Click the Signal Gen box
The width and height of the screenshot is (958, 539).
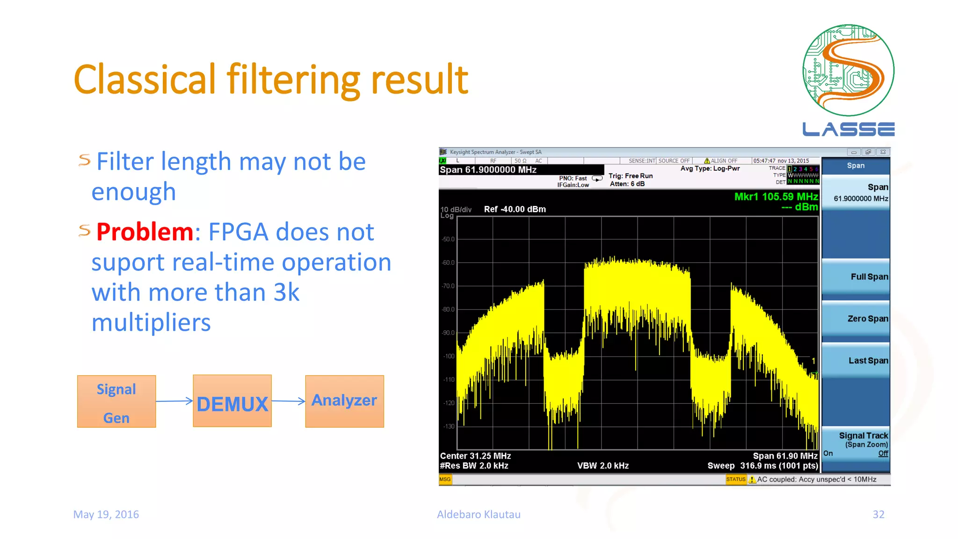point(116,401)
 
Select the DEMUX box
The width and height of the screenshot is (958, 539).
point(232,401)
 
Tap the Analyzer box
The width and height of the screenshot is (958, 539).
point(344,401)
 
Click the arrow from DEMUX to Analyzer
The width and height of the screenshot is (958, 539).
point(288,401)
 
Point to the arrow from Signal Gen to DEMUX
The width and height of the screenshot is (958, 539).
point(174,401)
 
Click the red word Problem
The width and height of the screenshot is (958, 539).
point(145,232)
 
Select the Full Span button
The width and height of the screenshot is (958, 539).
point(856,277)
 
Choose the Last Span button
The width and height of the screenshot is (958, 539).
point(856,361)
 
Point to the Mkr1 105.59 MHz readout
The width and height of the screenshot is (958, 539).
point(776,197)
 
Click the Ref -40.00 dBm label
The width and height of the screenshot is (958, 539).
point(515,209)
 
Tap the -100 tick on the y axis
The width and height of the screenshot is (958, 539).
point(449,357)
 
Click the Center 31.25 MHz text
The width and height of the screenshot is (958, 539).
point(475,456)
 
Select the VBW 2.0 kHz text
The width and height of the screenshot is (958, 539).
point(602,466)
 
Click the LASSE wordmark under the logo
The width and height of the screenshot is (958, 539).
point(848,129)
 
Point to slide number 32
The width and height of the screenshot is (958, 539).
point(878,514)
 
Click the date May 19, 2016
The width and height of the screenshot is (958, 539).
point(106,514)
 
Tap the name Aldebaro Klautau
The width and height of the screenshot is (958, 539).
point(479,514)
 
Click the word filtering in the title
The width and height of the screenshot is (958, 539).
point(294,80)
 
